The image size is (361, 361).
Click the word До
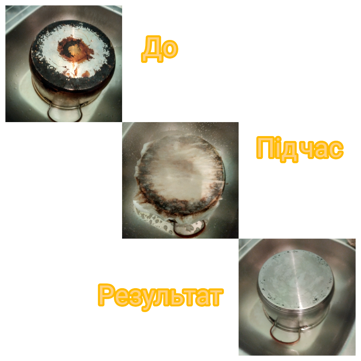click(x=160, y=49)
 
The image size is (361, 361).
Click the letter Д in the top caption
click(x=151, y=49)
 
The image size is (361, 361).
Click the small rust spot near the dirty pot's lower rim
click(x=86, y=74)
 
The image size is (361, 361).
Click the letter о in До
click(x=170, y=49)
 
